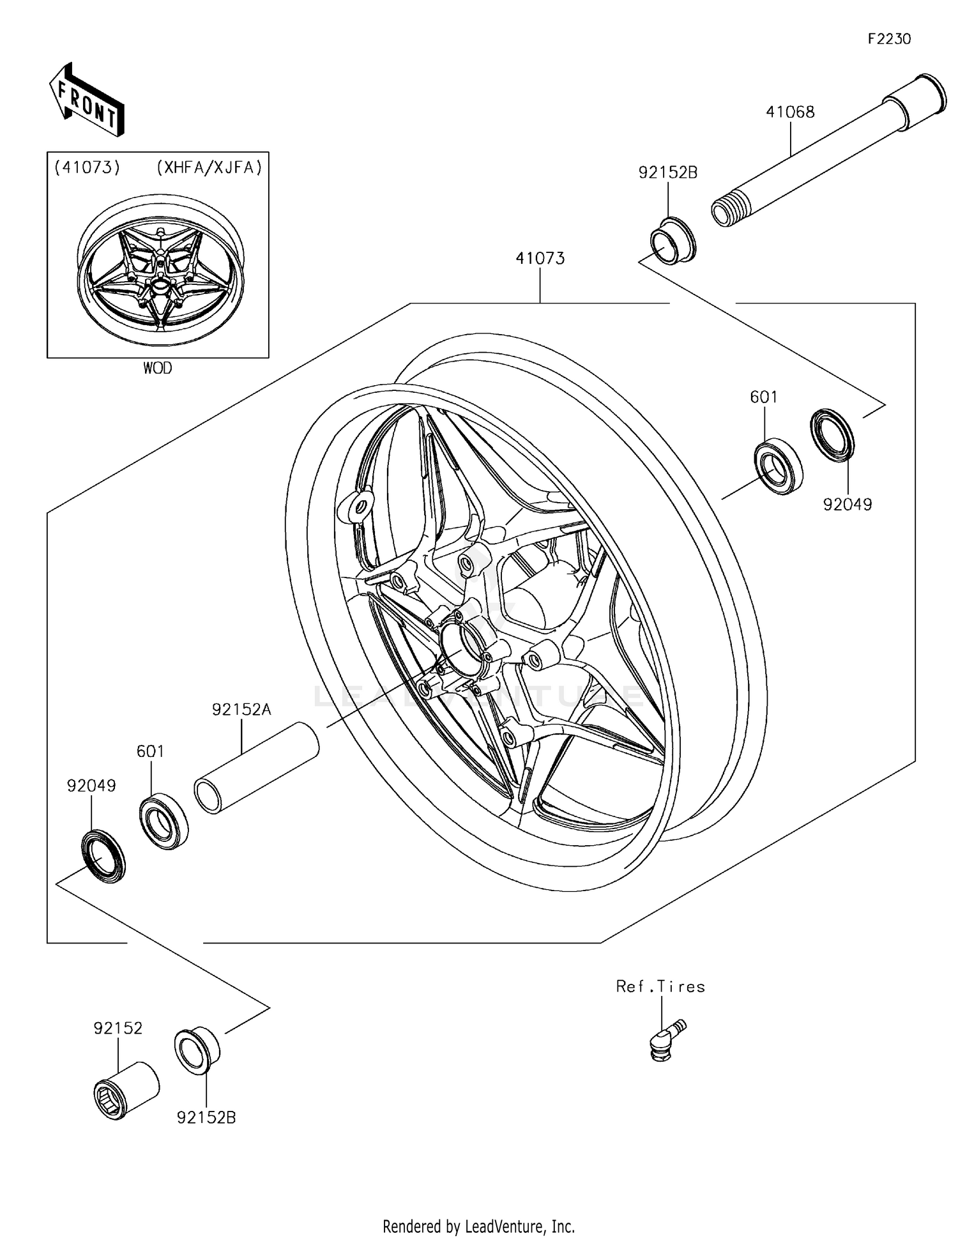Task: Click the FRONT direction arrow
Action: (86, 100)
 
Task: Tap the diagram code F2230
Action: (889, 39)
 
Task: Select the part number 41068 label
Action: (790, 112)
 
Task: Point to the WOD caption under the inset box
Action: (157, 368)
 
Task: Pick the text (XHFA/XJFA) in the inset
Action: (209, 167)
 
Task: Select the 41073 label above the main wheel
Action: (540, 258)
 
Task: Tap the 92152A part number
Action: (241, 709)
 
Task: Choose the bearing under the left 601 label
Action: (163, 820)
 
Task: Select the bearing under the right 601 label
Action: (779, 467)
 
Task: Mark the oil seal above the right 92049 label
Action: (832, 434)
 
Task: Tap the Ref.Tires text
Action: (660, 986)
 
